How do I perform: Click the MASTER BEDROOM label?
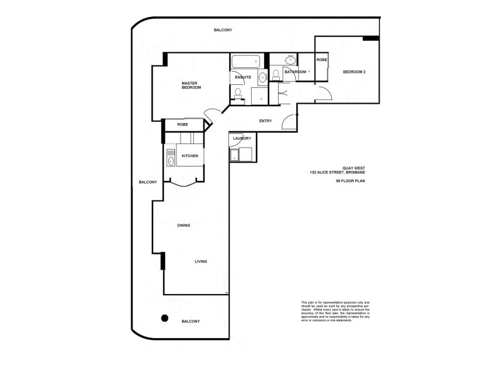tap(191, 85)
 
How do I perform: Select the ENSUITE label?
tap(243, 77)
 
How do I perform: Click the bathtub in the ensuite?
tap(245, 62)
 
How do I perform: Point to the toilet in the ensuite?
tap(238, 94)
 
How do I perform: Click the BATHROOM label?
tap(295, 72)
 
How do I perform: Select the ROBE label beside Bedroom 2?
tap(321, 60)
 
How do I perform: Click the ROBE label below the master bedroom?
tap(183, 124)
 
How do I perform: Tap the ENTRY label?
tap(265, 121)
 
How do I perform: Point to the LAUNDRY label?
tap(242, 138)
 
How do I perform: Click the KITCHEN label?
tap(190, 156)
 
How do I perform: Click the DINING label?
tap(183, 225)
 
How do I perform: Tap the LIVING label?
tap(201, 261)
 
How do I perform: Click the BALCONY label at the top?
tap(223, 30)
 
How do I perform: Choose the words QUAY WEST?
tap(350, 168)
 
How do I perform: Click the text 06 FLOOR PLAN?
tap(350, 181)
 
